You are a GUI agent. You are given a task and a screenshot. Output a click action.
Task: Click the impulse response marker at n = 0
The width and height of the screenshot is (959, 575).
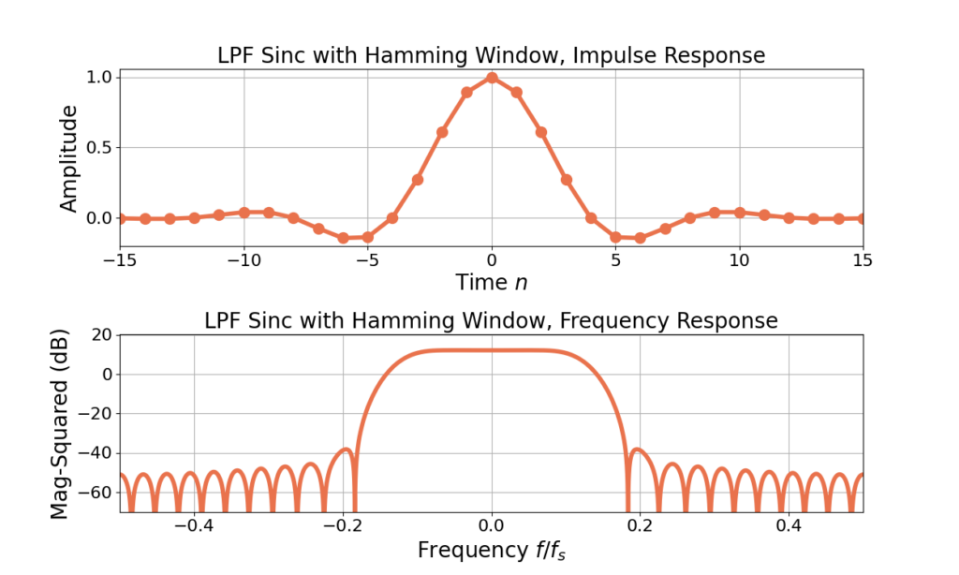(492, 78)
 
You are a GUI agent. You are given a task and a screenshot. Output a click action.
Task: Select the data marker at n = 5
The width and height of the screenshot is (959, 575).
(615, 237)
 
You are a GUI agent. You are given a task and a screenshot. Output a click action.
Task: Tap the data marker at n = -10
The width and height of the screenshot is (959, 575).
(244, 213)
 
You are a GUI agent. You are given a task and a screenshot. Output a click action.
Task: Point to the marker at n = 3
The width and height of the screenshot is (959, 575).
(566, 180)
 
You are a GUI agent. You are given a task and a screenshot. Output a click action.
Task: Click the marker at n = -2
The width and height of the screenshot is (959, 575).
(442, 132)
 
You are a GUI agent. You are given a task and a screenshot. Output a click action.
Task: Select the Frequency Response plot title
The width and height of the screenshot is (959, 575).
(492, 321)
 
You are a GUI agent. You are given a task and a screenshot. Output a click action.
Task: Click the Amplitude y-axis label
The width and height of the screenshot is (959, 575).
(69, 158)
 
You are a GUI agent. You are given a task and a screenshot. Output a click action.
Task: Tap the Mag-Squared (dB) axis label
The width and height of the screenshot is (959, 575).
(60, 422)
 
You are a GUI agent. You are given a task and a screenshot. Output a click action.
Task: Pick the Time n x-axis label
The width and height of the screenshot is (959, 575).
(492, 282)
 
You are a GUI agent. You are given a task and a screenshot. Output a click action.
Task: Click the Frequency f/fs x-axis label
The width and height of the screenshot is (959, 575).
(492, 550)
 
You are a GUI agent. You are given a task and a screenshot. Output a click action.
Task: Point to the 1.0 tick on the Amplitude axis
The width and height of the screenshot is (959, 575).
(100, 78)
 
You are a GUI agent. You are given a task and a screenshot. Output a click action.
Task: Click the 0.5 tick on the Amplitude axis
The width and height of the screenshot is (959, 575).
(100, 148)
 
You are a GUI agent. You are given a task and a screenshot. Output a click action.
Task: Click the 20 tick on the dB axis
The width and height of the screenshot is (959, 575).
(102, 335)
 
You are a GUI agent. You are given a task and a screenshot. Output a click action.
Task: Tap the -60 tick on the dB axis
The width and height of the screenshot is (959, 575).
(96, 493)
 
